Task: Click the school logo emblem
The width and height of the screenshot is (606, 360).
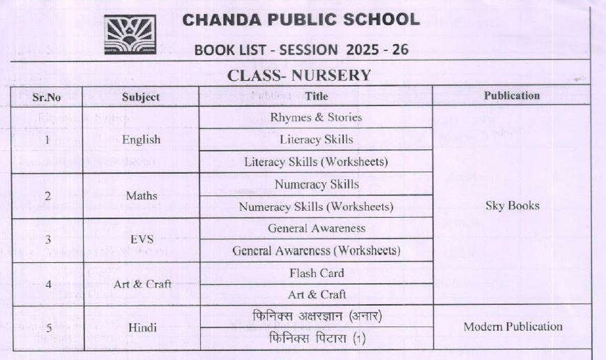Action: (x=130, y=35)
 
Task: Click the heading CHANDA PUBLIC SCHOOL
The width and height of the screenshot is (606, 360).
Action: (x=301, y=20)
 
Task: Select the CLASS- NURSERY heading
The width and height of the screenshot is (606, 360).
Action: (x=299, y=75)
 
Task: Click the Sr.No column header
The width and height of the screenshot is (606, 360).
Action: (x=47, y=97)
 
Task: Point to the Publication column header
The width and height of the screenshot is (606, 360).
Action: (x=511, y=96)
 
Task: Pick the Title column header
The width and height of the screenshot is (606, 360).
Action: (x=316, y=96)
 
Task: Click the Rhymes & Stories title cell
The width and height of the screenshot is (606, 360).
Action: (x=316, y=117)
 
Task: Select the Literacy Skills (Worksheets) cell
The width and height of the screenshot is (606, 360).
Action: (x=316, y=162)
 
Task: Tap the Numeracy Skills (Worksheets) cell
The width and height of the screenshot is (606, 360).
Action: (x=316, y=207)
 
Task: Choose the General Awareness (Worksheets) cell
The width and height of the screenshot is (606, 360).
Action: (x=316, y=250)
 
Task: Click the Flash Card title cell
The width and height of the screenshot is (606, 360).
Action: (x=316, y=273)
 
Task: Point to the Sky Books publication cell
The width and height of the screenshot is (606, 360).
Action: (x=511, y=206)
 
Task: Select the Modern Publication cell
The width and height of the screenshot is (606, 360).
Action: (x=513, y=327)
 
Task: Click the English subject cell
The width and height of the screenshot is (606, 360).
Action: (x=141, y=140)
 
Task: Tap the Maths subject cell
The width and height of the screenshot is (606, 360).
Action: (x=141, y=196)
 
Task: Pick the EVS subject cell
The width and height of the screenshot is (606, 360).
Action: (x=141, y=239)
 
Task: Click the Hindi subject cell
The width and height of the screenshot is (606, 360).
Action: (x=141, y=327)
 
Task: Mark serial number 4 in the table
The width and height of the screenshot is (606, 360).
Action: (x=47, y=285)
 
